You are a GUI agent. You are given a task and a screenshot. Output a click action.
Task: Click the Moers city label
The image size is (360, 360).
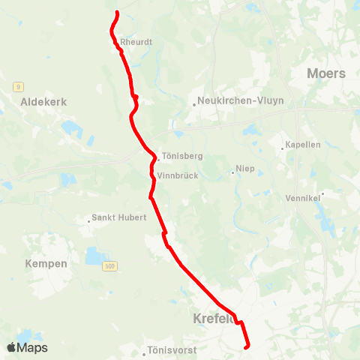(326, 73)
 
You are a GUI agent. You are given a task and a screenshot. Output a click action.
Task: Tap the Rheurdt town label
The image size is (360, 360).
(136, 43)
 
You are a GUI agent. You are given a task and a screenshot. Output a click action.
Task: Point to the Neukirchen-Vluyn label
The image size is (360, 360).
(240, 100)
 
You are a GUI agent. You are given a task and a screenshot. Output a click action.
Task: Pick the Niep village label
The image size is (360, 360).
(246, 169)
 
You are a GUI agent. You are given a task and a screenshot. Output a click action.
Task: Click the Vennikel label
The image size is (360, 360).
(302, 198)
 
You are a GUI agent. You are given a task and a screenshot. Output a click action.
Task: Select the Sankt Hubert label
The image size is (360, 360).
(118, 218)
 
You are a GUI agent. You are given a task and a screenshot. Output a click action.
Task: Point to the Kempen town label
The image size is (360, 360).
(46, 264)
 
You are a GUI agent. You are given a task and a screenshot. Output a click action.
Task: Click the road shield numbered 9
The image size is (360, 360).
(17, 87)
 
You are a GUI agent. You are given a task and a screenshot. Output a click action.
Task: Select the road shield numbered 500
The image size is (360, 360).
(111, 267)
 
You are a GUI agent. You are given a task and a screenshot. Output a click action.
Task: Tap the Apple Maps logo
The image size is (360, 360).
(27, 347)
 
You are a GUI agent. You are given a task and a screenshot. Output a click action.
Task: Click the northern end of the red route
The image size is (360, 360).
(117, 13)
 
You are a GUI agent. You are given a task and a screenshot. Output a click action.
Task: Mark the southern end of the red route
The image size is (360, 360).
(247, 346)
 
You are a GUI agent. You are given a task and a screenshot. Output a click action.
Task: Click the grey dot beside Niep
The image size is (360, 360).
(232, 172)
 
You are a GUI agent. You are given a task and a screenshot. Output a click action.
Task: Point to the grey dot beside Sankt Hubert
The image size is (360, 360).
(88, 220)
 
